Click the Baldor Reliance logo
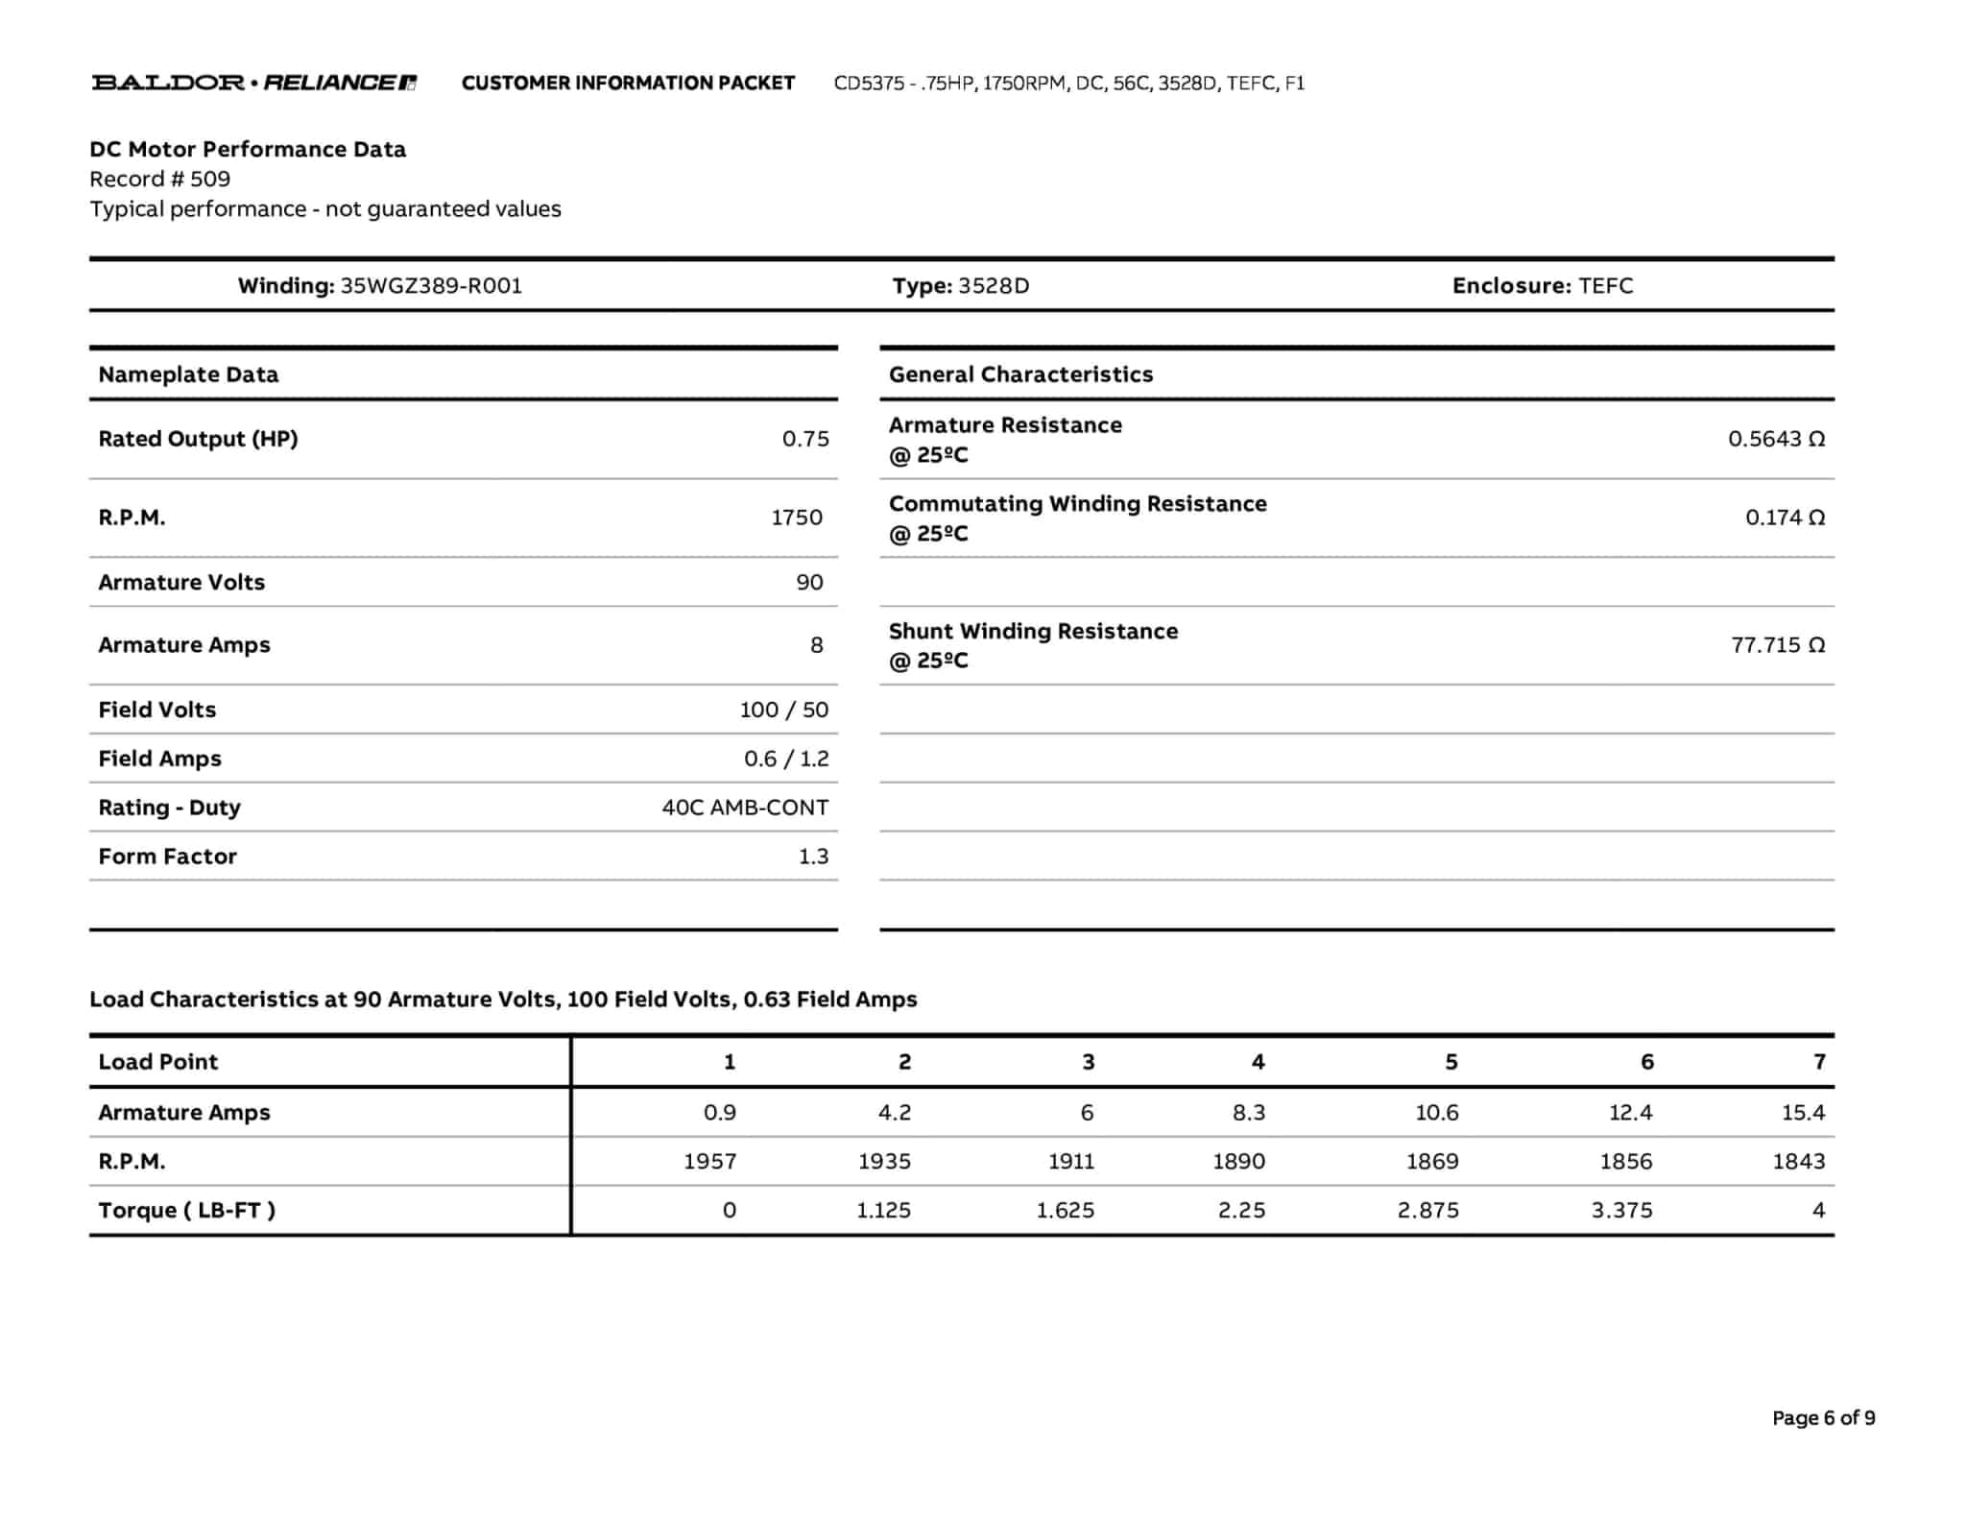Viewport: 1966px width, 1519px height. (253, 83)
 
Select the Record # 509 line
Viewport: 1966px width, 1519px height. (160, 179)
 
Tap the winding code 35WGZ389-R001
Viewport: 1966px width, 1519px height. (431, 285)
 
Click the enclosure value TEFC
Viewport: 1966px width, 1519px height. (1605, 285)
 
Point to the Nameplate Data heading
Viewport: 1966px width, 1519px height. (188, 374)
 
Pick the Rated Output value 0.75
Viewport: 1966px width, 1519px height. (804, 439)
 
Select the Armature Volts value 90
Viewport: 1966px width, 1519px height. (809, 582)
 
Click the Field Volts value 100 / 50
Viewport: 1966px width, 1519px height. (783, 710)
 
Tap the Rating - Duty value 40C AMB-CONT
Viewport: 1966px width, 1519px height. (745, 808)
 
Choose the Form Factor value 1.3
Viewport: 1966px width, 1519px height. (813, 856)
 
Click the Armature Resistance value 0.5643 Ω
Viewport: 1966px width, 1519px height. (1776, 439)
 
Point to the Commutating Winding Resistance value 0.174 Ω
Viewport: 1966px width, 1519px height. (1785, 518)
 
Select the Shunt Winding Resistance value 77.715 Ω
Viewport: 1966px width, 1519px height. (1777, 645)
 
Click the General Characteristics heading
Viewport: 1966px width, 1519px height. (1020, 374)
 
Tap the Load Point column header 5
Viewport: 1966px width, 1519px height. (1451, 1062)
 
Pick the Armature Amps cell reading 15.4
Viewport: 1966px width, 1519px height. (1802, 1113)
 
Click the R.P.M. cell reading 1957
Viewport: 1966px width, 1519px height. (709, 1162)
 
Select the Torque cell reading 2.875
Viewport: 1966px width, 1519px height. (1427, 1211)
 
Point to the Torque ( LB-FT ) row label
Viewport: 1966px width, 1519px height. (186, 1211)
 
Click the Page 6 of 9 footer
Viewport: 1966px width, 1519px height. (1823, 1418)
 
